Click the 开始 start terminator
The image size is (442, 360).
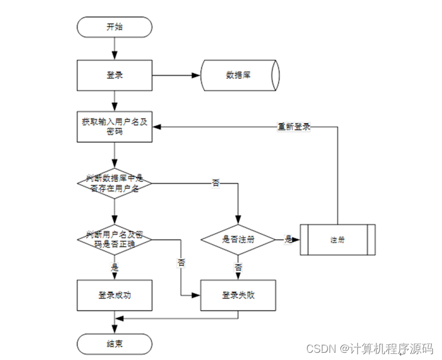114,26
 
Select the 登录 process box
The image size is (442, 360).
114,76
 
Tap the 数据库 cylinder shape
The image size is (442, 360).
239,76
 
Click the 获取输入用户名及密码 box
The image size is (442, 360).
114,126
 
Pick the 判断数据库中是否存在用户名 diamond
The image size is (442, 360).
114,182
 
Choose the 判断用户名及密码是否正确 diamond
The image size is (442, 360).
114,238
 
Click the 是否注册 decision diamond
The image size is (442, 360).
238,239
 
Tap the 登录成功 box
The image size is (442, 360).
114,295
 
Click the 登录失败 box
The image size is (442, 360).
239,295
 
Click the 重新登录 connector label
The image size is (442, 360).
294,127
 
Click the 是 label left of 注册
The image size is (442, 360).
288,240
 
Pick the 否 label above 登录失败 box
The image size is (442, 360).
239,267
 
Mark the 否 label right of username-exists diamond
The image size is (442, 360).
215,183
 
